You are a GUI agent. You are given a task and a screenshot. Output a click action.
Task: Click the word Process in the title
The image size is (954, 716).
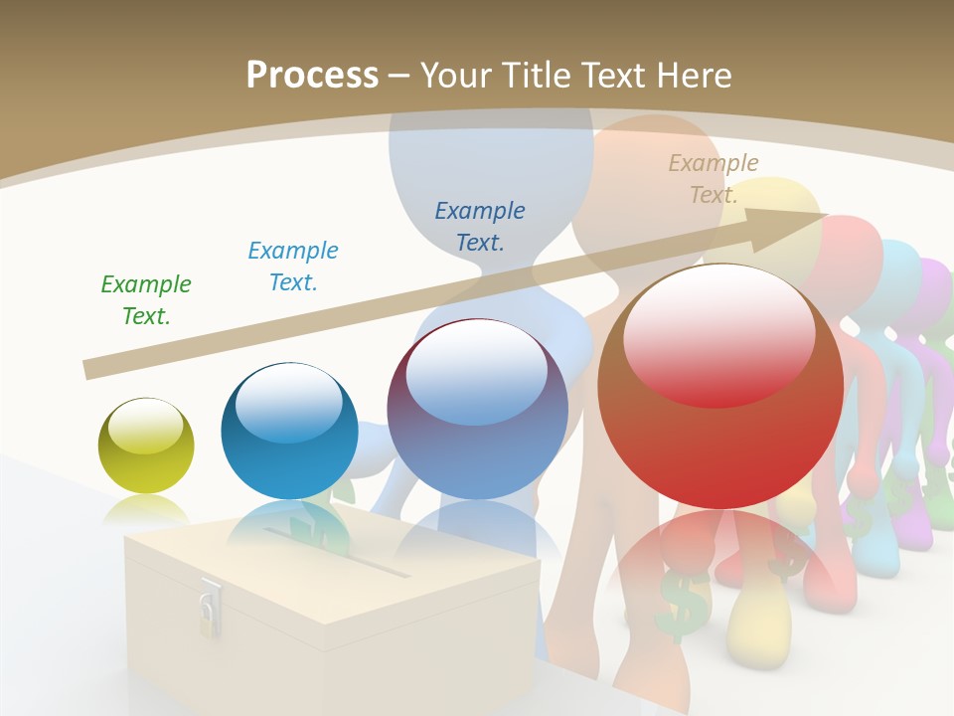click(312, 76)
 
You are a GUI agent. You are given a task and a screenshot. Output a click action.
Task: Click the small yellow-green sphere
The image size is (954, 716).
click(146, 446)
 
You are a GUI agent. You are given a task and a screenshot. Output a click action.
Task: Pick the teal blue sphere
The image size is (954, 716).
click(289, 431)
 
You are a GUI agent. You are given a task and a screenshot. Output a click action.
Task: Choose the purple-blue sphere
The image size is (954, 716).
click(477, 409)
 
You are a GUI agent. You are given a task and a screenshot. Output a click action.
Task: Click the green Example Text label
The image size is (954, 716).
click(146, 300)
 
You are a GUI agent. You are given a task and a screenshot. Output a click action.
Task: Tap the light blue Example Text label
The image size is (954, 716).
click(293, 267)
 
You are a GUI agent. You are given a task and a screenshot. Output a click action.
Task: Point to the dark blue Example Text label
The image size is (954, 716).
click(480, 226)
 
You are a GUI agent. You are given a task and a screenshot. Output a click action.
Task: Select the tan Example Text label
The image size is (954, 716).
click(714, 179)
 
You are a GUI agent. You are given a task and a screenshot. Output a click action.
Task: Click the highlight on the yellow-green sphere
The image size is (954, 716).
click(146, 426)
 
